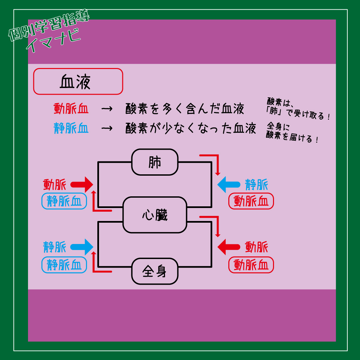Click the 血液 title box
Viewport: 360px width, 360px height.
[x=78, y=82]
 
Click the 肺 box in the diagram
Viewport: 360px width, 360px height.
[x=155, y=162]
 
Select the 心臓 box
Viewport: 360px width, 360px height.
[x=155, y=215]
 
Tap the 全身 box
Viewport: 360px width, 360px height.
[x=155, y=271]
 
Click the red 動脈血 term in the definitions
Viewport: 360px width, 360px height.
[x=71, y=109]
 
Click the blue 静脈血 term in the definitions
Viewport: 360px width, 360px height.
[x=71, y=128]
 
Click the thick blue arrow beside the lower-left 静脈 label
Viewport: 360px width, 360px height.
[x=82, y=247]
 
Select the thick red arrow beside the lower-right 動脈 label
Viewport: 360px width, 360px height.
[x=229, y=247]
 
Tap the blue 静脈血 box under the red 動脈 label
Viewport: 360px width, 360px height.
[x=64, y=201]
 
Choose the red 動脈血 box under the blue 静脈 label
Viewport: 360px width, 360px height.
[x=251, y=201]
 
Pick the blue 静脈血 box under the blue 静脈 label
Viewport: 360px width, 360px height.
[x=64, y=265]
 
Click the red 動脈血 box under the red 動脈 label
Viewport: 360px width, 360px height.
[x=251, y=265]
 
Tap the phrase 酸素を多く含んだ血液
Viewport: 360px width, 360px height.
[x=185, y=109]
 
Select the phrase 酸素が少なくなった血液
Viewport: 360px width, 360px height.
[x=191, y=128]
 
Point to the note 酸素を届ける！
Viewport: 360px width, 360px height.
[x=292, y=137]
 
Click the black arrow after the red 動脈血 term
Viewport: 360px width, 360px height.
[x=107, y=109]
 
